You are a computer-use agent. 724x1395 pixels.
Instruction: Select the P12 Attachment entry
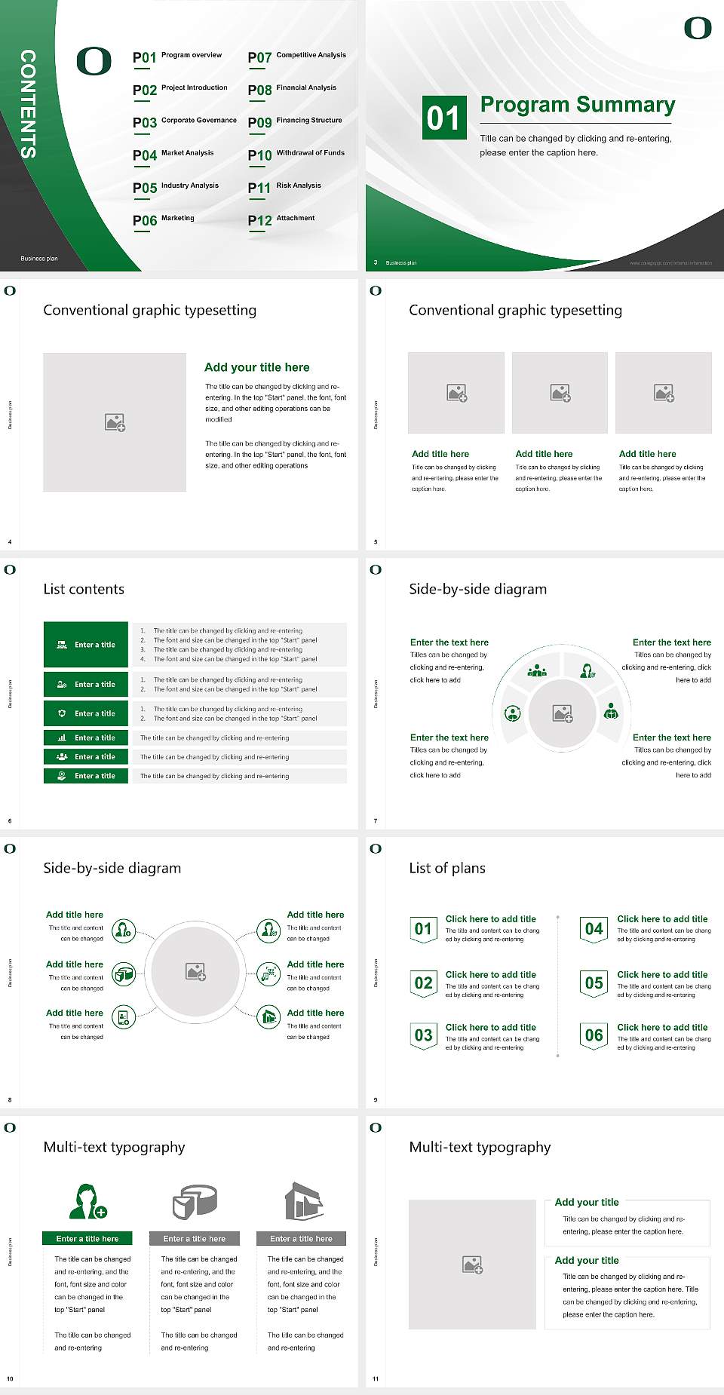click(281, 219)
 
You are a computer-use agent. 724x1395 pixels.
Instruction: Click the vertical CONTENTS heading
click(28, 103)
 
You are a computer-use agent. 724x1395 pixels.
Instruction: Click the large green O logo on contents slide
click(94, 61)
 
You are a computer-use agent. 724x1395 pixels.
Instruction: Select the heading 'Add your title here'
click(256, 367)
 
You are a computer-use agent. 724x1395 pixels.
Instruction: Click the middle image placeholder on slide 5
click(560, 393)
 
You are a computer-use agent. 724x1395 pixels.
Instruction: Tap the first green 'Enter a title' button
click(86, 645)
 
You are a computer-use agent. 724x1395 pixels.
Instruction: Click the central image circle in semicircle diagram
click(562, 713)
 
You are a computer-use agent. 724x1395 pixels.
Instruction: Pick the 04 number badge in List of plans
click(594, 929)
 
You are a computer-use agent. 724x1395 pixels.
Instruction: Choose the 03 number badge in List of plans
click(423, 1035)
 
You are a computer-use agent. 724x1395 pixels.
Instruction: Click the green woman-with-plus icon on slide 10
click(87, 1201)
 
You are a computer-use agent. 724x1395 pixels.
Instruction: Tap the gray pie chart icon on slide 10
click(195, 1201)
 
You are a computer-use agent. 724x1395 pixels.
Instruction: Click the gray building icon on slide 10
click(303, 1201)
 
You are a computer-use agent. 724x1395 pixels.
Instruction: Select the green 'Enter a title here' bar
click(87, 1238)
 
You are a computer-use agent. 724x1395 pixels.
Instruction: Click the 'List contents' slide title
click(84, 589)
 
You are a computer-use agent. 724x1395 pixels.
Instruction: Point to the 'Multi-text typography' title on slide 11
click(480, 1147)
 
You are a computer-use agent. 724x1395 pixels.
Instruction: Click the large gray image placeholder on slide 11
click(473, 1264)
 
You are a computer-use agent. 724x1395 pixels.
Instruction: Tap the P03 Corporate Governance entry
click(185, 122)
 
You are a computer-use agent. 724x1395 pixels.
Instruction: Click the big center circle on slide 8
click(195, 970)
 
